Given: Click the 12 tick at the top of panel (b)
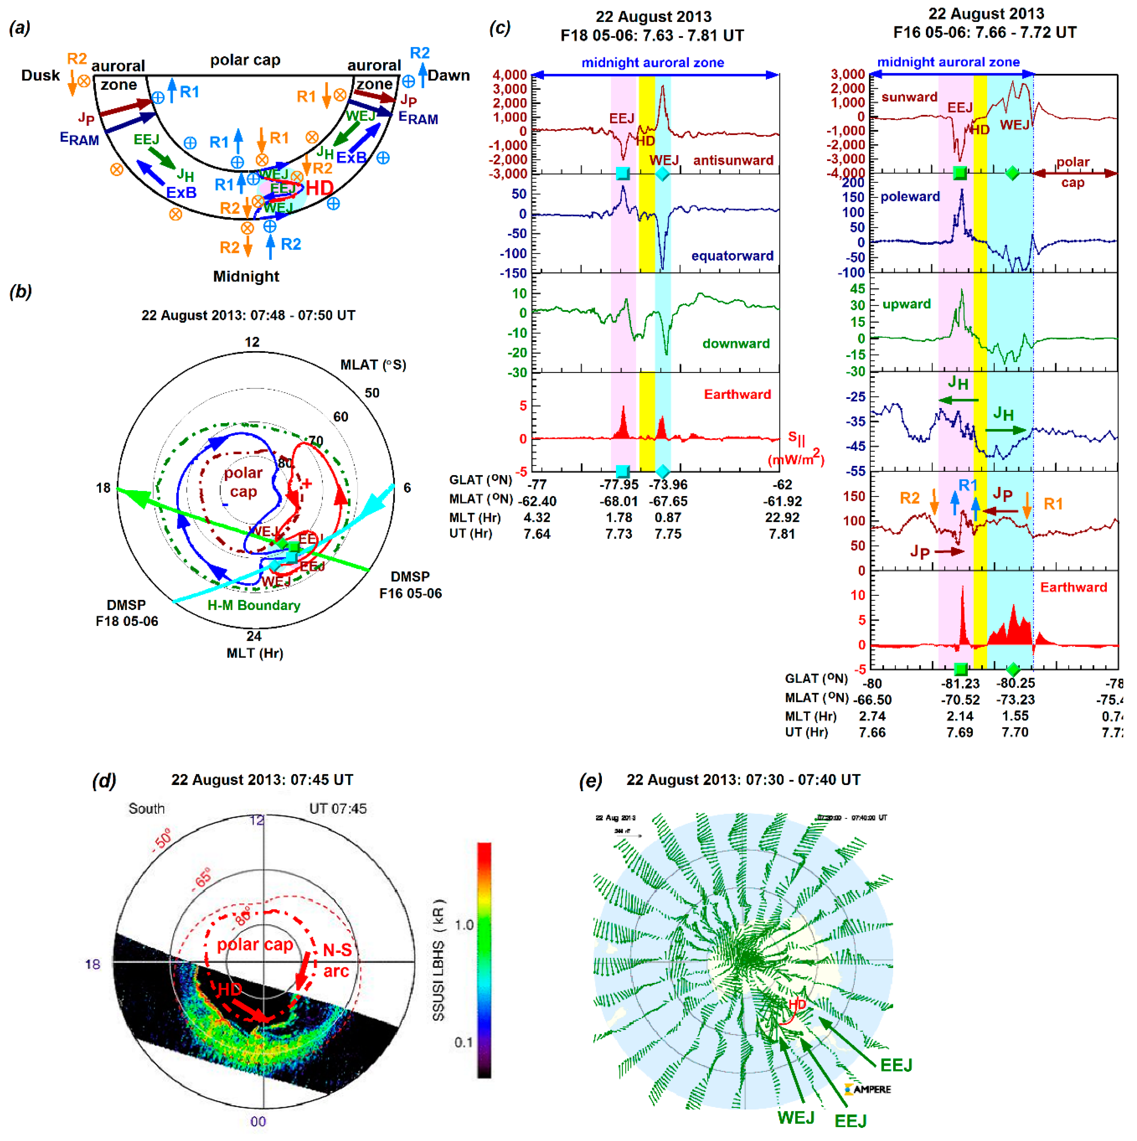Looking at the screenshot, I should click(x=252, y=342).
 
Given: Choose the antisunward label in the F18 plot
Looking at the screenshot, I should click(x=733, y=160).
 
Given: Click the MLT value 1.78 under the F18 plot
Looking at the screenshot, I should click(x=618, y=517).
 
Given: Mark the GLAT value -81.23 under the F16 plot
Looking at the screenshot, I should click(x=960, y=683).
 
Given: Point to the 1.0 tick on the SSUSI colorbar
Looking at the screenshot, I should click(x=464, y=924).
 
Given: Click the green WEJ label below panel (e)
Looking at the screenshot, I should click(x=796, y=1117).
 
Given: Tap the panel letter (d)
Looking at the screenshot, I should click(x=104, y=781).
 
